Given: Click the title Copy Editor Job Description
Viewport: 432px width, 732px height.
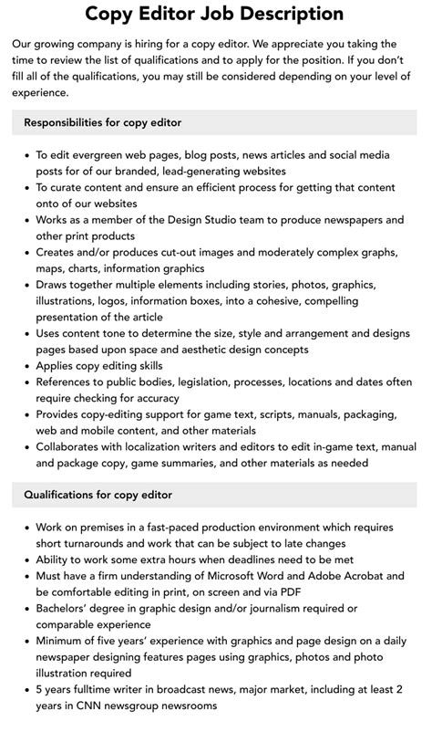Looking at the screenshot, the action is (215, 14).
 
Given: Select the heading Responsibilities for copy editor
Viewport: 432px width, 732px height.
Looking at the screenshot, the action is (103, 121).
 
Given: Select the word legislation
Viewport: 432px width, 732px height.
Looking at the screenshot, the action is (237, 382).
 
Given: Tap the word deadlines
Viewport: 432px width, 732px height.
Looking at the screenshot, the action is (238, 559).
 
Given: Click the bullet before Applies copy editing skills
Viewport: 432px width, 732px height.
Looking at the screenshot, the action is (26, 365).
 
